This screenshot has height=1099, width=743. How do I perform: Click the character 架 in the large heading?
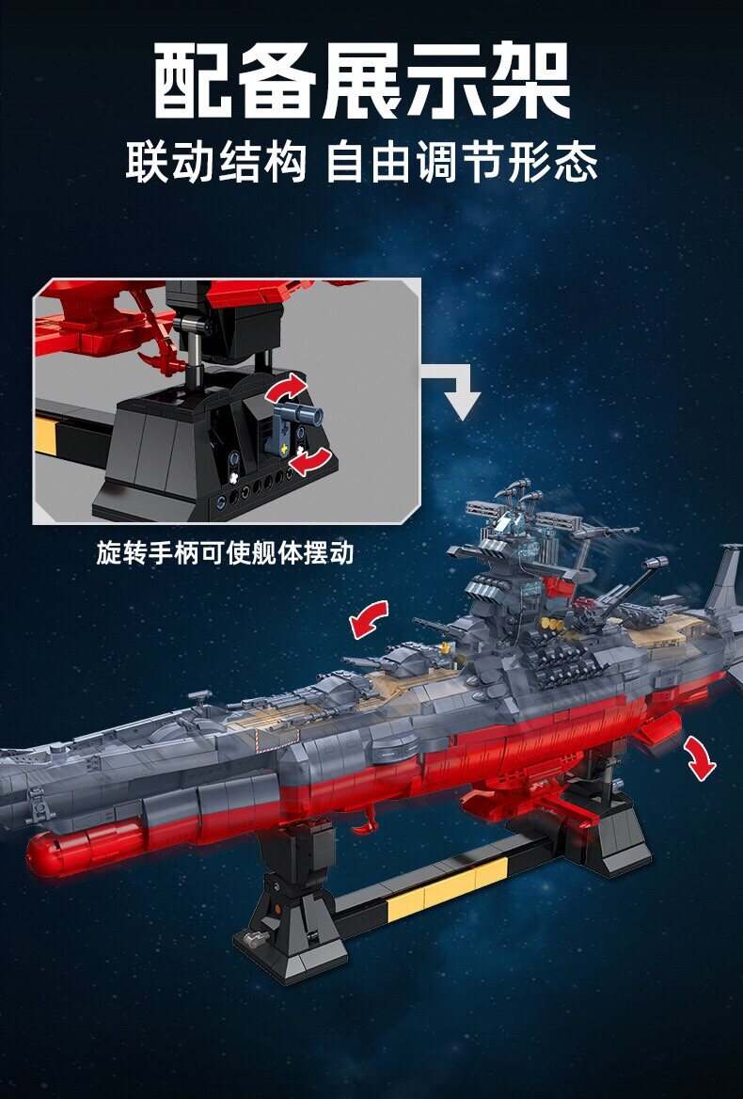[x=530, y=81]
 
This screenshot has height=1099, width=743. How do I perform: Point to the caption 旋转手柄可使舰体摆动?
[x=226, y=553]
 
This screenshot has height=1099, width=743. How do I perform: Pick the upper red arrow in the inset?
[x=286, y=386]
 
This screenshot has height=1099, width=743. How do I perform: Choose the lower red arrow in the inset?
[x=310, y=462]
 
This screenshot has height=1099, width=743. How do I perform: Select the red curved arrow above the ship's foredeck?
[x=369, y=619]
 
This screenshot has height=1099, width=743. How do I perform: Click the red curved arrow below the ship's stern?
[x=700, y=757]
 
